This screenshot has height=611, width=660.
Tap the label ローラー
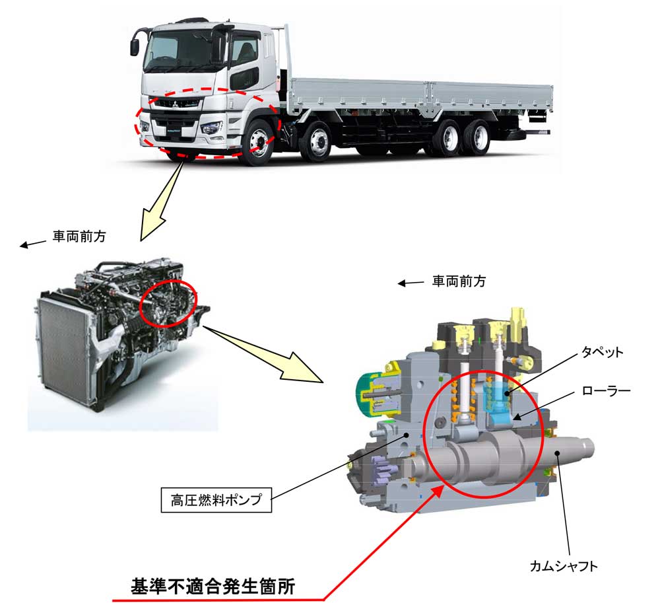pyautogui.click(x=605, y=391)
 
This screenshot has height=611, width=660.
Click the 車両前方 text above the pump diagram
pyautogui.click(x=459, y=281)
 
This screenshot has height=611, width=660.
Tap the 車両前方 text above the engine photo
pyautogui.click(x=79, y=236)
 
